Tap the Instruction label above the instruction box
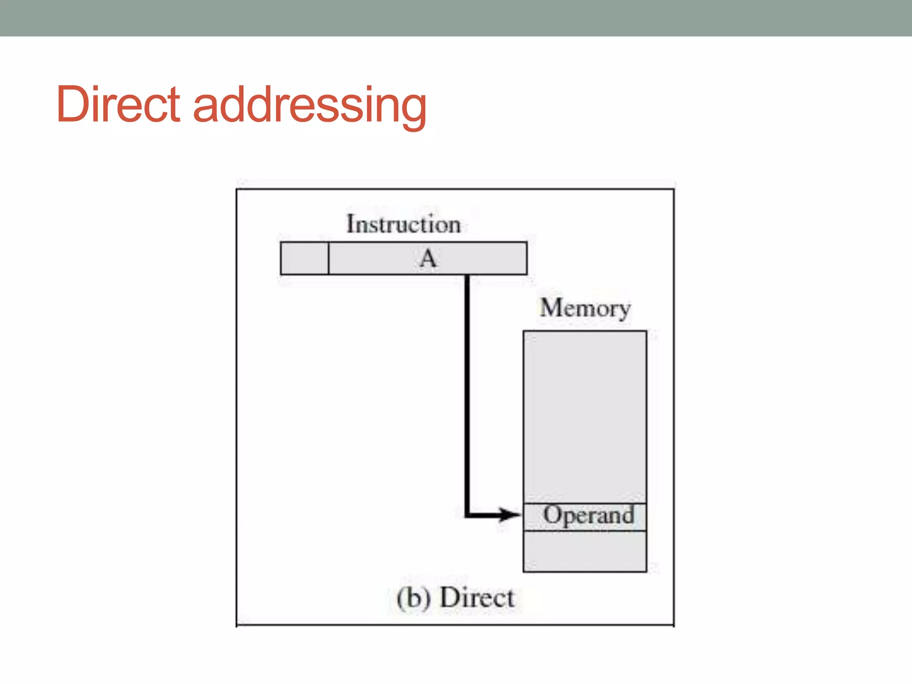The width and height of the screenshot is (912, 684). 403,224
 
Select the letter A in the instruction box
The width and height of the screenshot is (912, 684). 428,258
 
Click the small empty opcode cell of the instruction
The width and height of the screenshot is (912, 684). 305,258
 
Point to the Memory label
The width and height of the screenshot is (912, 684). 585,308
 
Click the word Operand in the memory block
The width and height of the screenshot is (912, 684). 588,515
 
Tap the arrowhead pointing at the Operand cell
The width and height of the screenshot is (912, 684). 510,515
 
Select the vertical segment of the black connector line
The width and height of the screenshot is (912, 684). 467,392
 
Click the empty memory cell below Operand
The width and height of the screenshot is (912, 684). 585,551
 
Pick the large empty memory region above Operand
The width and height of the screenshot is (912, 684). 585,416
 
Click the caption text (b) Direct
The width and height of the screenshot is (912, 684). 455,598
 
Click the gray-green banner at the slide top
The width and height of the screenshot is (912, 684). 456,18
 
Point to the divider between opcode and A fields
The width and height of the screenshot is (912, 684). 329,258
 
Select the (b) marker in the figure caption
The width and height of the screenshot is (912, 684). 414,598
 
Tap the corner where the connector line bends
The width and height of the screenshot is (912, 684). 467,515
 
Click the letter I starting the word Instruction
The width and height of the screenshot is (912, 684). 350,224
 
